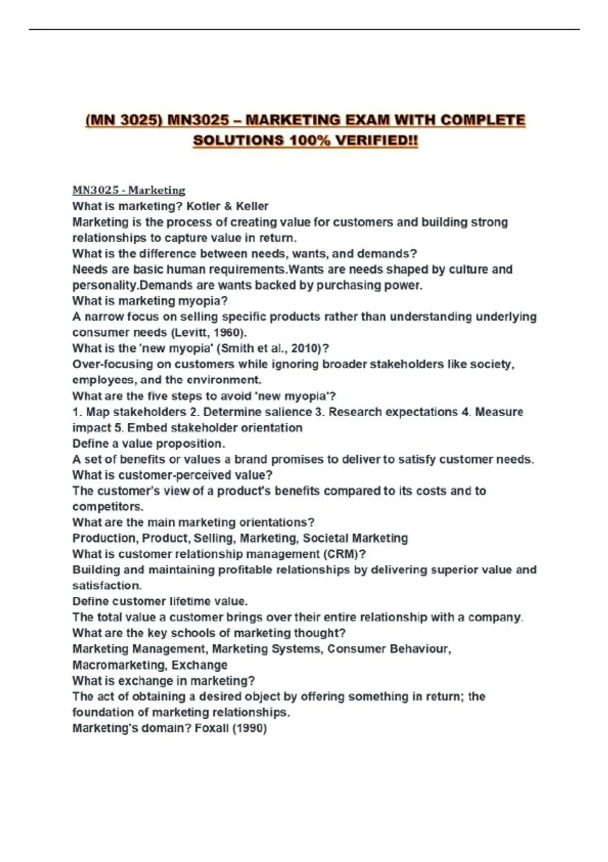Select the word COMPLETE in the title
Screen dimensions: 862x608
(x=483, y=120)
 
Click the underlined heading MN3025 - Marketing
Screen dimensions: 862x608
(x=129, y=190)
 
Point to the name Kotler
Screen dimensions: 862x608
(x=204, y=206)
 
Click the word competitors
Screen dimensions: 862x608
(x=107, y=507)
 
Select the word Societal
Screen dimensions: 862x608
(x=325, y=538)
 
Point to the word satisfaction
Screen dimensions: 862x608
(x=106, y=585)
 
